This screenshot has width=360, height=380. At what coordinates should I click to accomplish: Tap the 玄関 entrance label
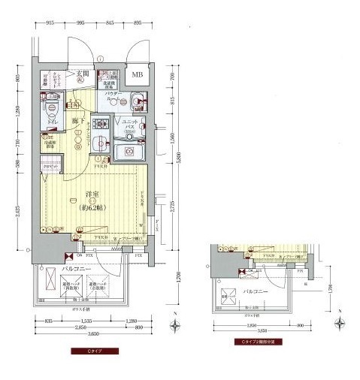click(x=83, y=74)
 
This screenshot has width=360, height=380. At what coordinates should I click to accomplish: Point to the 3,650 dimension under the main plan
click(x=85, y=335)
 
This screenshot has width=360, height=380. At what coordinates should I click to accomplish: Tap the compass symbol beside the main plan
click(x=174, y=324)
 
